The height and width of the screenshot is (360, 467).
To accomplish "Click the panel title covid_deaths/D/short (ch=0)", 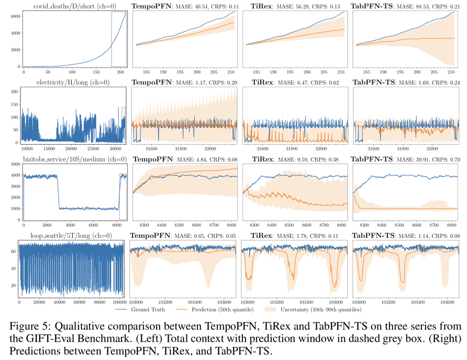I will pos(72,6).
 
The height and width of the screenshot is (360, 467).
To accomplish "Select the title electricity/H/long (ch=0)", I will pos(72,83).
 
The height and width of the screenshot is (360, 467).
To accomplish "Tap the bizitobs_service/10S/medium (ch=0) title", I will pos(72,159).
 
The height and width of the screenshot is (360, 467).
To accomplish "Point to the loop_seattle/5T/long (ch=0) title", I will pos(72,236).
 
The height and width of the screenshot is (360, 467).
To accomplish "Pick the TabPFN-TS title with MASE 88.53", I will pos(405,6).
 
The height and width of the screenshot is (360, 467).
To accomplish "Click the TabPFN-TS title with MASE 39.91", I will pos(405,159).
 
